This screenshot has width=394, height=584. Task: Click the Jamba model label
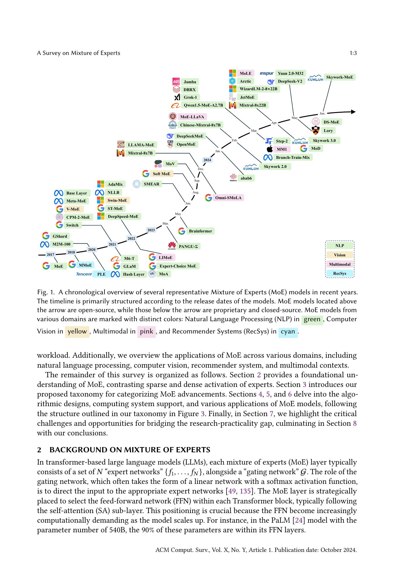click(x=190, y=82)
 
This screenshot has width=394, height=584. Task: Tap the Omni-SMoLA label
click(x=228, y=198)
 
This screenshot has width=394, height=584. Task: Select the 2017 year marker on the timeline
click(x=50, y=255)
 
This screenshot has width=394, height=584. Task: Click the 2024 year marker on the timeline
click(x=207, y=160)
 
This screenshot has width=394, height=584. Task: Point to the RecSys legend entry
click(x=339, y=274)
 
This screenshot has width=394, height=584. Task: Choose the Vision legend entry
click(x=339, y=255)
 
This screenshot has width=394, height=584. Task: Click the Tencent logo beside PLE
click(x=84, y=274)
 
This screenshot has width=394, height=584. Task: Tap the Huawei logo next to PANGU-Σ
click(x=172, y=246)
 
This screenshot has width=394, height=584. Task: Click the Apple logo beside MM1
click(x=270, y=149)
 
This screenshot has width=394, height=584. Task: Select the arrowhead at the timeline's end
click(x=353, y=112)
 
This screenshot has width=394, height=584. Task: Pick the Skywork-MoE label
click(x=339, y=77)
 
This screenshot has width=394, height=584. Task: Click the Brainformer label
click(x=200, y=231)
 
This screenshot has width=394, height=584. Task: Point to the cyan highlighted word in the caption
click(x=288, y=331)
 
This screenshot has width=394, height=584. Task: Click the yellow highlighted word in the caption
click(x=77, y=331)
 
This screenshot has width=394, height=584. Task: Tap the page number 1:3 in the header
click(x=353, y=53)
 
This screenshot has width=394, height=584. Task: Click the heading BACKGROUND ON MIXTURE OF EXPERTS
click(x=130, y=450)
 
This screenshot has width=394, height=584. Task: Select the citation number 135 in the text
click(x=245, y=491)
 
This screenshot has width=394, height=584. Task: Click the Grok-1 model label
click(x=190, y=98)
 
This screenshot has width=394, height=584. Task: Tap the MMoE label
click(x=85, y=265)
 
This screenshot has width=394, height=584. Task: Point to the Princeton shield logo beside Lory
click(x=316, y=131)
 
